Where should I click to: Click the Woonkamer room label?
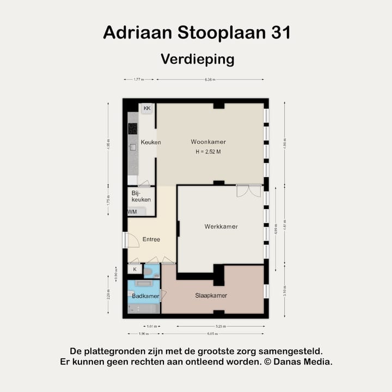click(208, 142)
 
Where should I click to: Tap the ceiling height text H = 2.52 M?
click(208, 152)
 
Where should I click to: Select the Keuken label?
click(151, 143)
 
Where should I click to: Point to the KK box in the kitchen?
click(146, 108)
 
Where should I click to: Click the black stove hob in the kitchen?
click(132, 128)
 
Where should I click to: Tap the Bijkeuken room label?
click(141, 197)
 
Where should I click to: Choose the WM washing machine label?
click(133, 212)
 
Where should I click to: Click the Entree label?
click(151, 240)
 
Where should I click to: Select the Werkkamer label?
click(221, 226)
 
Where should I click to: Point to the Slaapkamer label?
click(211, 296)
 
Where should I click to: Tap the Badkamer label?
click(145, 296)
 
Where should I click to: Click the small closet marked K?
click(134, 269)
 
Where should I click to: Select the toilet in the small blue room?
click(149, 270)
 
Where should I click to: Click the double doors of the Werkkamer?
click(248, 191)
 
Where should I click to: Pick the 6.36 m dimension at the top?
click(210, 79)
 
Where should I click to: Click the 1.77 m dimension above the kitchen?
click(138, 79)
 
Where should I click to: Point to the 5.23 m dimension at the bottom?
click(221, 327)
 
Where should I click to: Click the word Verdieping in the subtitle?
click(197, 59)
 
